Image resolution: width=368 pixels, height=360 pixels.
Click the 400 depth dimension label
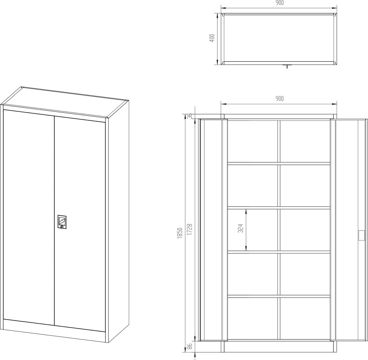(212, 38)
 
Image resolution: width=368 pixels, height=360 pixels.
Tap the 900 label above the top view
(279, 3)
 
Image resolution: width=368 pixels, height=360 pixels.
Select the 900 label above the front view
(279, 98)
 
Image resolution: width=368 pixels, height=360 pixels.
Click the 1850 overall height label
(180, 233)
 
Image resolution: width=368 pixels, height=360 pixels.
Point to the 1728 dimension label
(190, 229)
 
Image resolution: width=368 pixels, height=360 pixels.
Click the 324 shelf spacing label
(240, 228)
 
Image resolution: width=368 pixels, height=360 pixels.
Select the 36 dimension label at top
(190, 116)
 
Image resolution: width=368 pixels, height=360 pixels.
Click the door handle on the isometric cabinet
(62, 221)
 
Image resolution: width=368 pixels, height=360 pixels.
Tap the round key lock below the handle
(62, 227)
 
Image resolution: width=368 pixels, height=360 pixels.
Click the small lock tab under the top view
(287, 66)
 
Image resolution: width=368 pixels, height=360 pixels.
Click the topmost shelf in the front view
(279, 163)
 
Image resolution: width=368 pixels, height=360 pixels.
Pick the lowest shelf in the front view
(279, 296)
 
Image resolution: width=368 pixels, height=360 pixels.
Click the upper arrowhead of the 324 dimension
(246, 211)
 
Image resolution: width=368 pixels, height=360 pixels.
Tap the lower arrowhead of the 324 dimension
(246, 249)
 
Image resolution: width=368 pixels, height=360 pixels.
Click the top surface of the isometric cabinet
(65, 102)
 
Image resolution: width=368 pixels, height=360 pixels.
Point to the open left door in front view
(213, 230)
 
